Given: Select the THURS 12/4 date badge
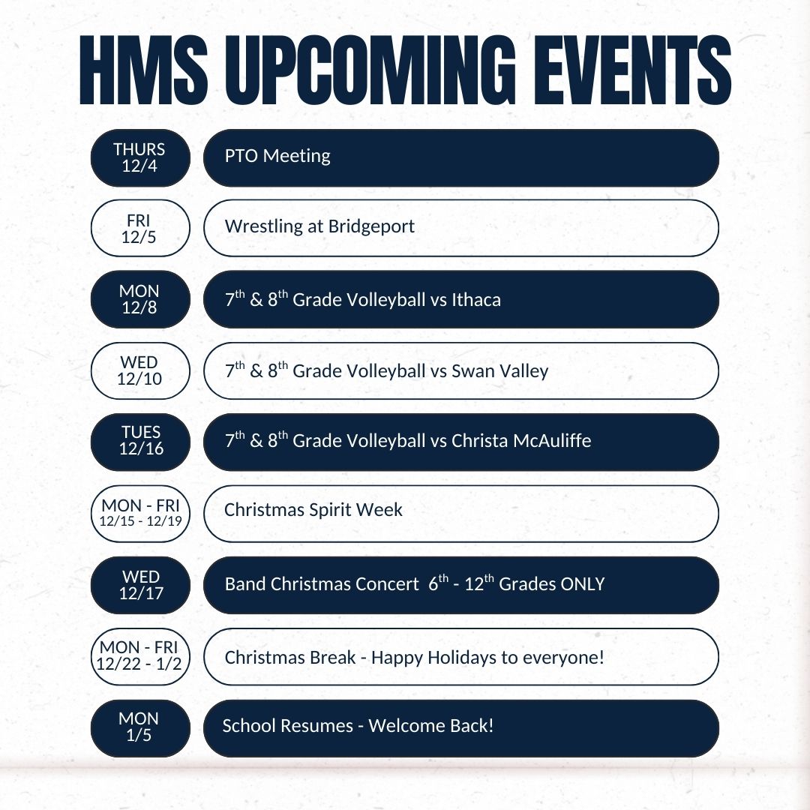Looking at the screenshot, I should (140, 157).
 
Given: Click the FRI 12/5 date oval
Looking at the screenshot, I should (140, 228).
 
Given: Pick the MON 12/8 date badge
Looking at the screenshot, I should (140, 299).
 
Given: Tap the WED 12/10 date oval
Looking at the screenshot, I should (140, 370).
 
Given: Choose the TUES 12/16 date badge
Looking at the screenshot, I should (140, 442).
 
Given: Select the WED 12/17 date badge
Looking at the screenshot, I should (140, 585).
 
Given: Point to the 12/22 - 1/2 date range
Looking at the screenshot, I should (140, 664).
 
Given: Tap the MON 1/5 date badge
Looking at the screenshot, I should (140, 727).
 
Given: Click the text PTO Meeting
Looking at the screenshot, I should (277, 156).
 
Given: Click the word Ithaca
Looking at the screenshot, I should (476, 300).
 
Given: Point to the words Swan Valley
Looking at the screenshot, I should (499, 370).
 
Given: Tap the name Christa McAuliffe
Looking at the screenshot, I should (521, 441).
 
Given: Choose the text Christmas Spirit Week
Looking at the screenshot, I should (313, 510).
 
